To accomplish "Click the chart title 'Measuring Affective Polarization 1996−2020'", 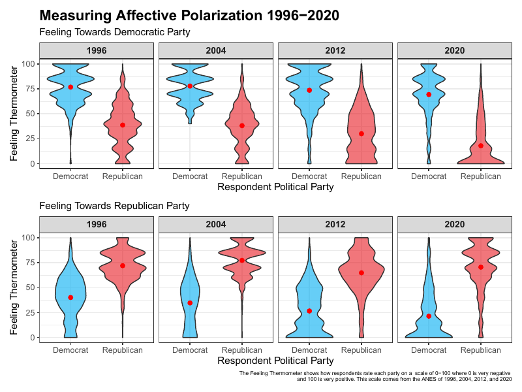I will click(189, 15).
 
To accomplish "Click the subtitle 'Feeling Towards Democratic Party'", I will click(114, 32).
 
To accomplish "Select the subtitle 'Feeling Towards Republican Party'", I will click(114, 206).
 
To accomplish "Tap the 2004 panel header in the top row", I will click(216, 50).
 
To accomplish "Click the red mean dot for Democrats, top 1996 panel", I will click(70, 87).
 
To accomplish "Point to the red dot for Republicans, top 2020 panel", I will click(481, 146).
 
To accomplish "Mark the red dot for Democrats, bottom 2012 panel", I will click(309, 311).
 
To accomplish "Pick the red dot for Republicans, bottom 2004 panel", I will click(242, 261).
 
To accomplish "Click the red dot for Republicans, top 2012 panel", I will click(361, 133).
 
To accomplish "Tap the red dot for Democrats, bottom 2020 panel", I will click(429, 316).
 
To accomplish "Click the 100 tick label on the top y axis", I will click(28, 64).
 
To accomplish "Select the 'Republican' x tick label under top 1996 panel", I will click(123, 176).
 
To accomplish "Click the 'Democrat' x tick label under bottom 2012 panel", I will click(309, 350).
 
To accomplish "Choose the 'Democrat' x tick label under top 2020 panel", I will click(429, 176).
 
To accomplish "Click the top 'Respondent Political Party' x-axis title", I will click(275, 187).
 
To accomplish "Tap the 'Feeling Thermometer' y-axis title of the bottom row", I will click(14, 287).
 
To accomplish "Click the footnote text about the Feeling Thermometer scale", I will click(375, 376).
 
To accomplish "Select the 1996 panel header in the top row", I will click(97, 50).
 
